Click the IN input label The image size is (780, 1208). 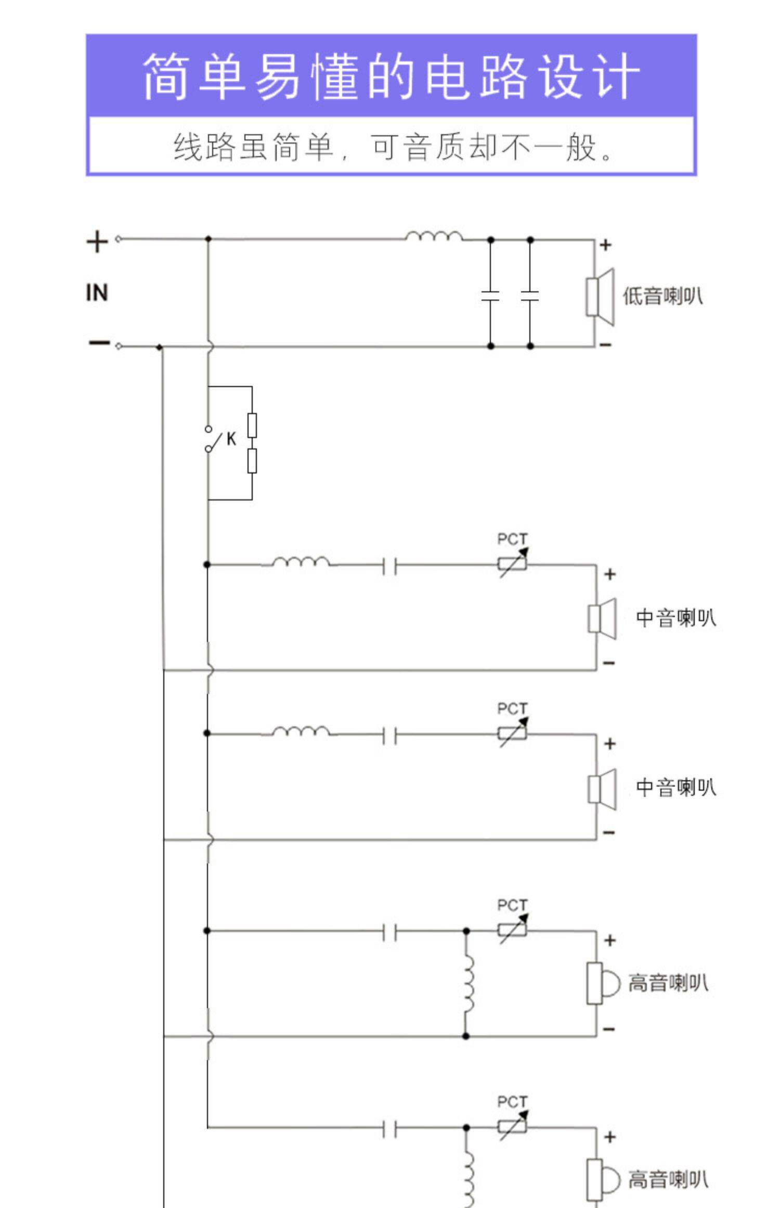pos(97,293)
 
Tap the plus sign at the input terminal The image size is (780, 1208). pos(97,242)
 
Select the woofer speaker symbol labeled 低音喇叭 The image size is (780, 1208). pos(600,297)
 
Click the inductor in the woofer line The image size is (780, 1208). pos(434,237)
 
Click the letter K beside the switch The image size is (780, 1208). pos(231,439)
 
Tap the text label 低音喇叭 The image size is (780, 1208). pos(662,297)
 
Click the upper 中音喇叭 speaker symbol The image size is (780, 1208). pos(602,619)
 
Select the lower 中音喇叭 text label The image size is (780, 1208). pos(675,788)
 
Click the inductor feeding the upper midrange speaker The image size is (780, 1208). pos(301,562)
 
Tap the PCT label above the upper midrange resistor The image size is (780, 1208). pos(512,539)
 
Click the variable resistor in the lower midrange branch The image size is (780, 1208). pos(512,733)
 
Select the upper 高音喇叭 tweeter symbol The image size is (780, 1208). pos(602,983)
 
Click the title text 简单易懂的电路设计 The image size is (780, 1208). pos(391,76)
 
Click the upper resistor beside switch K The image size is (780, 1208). pos(252,425)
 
